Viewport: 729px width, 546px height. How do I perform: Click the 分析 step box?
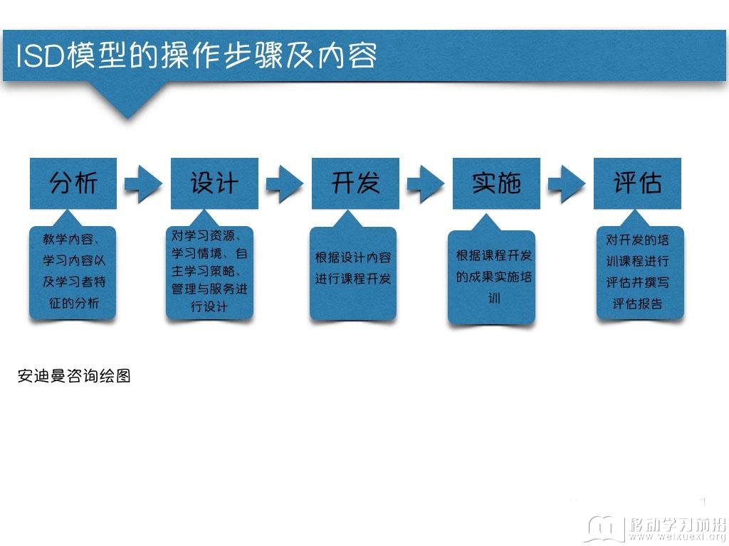(x=73, y=183)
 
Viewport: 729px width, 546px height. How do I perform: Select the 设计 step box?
(x=214, y=183)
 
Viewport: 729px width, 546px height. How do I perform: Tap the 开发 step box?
(x=355, y=183)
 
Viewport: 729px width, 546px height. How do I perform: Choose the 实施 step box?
(x=496, y=183)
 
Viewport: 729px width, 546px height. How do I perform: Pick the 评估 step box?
(x=637, y=183)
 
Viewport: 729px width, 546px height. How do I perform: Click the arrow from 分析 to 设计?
(x=143, y=184)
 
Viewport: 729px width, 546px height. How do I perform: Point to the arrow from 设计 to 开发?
(x=285, y=184)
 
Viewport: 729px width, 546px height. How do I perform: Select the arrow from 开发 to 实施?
(x=426, y=184)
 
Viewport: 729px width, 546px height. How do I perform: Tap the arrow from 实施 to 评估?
(x=567, y=184)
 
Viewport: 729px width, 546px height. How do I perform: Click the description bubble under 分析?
(x=73, y=272)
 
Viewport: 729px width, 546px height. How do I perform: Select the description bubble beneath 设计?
(x=210, y=272)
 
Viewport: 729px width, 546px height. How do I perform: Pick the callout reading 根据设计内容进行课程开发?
(x=353, y=274)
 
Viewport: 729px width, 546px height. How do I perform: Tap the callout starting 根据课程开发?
(x=491, y=277)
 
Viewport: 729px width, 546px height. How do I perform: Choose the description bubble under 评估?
(x=640, y=272)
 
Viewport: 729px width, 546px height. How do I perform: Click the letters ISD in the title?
(x=40, y=56)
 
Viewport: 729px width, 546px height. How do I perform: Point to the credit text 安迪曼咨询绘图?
(x=74, y=375)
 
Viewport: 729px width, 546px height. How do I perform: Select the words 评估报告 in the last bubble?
(x=637, y=304)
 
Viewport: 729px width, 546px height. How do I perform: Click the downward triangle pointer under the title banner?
(x=129, y=99)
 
